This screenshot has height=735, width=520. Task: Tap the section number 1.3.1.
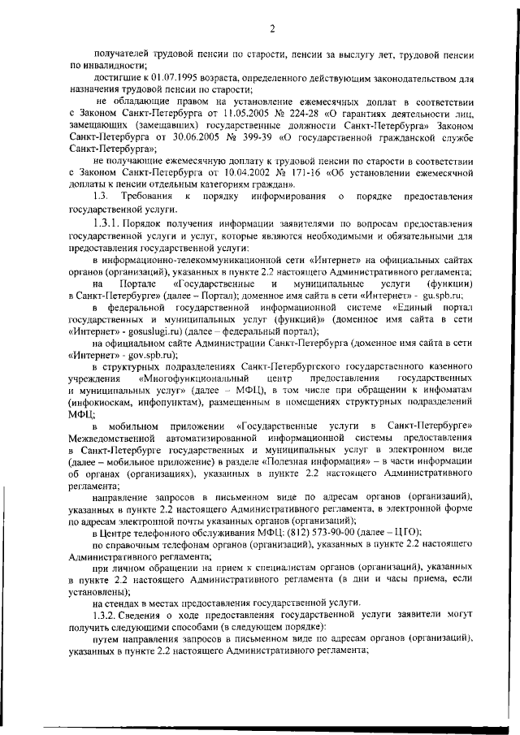click(x=107, y=223)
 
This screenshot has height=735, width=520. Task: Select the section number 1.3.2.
click(x=107, y=616)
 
